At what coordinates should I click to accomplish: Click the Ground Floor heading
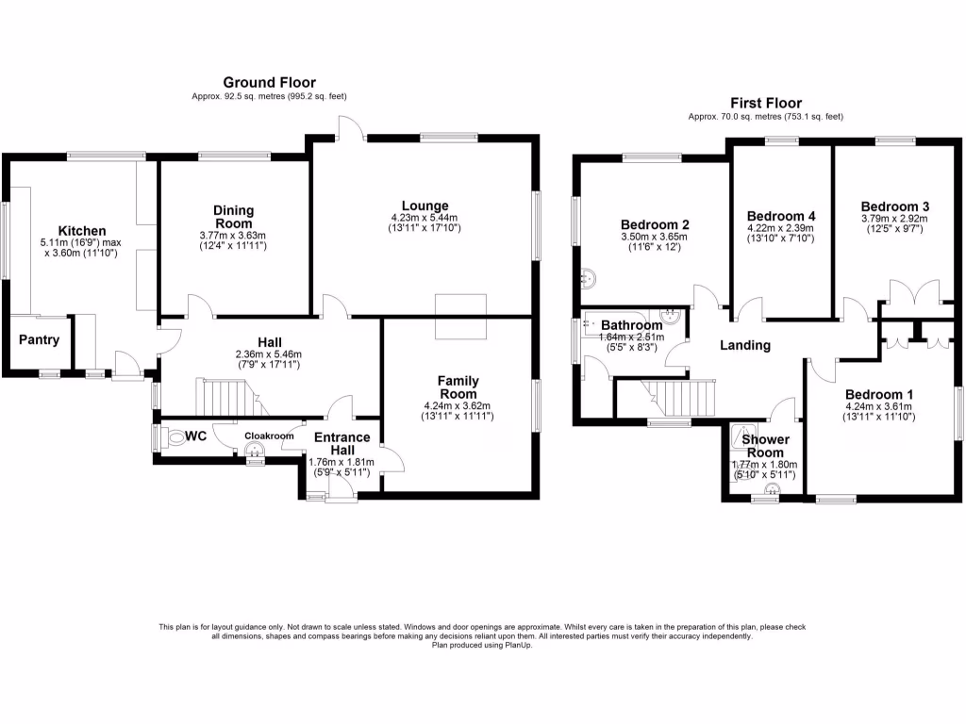(x=269, y=83)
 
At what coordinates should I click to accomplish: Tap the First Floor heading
(x=765, y=103)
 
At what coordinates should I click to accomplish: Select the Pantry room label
(x=39, y=340)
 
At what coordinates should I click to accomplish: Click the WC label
(x=195, y=436)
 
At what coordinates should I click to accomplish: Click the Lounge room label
(x=425, y=206)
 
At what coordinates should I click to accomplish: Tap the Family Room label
(x=458, y=387)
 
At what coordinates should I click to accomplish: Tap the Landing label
(x=745, y=345)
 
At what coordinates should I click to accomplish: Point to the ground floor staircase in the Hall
(x=226, y=395)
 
